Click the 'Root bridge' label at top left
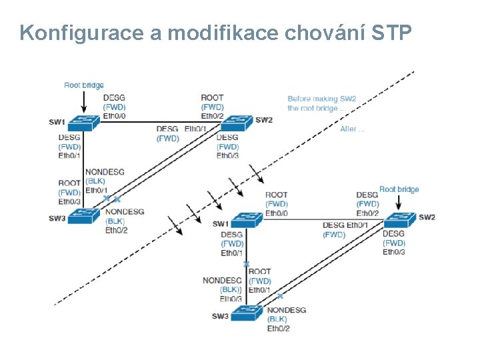pyautogui.click(x=84, y=85)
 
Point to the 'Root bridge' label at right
pyautogui.click(x=399, y=189)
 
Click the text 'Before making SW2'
pyautogui.click(x=321, y=99)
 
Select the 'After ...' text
pyautogui.click(x=352, y=129)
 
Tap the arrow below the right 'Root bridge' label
pyautogui.click(x=400, y=203)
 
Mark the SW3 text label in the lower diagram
pyautogui.click(x=221, y=316)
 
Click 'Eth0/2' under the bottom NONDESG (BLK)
pyautogui.click(x=278, y=328)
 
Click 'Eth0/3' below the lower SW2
pyautogui.click(x=394, y=251)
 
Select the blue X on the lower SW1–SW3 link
pyautogui.click(x=247, y=264)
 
